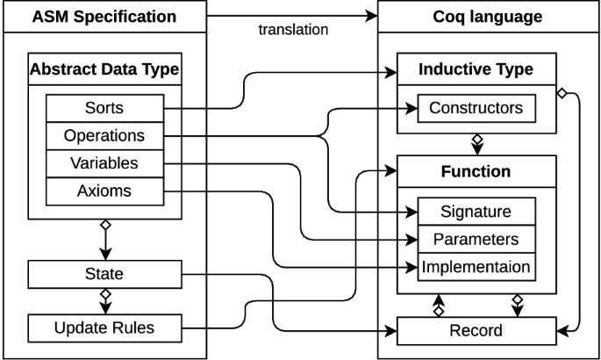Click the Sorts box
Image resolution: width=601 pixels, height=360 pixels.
click(104, 109)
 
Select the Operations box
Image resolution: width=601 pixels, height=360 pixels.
click(104, 136)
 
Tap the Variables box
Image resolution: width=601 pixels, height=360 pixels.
click(104, 163)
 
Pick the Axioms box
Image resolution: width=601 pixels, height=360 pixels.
click(104, 191)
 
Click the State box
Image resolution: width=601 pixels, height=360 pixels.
click(104, 274)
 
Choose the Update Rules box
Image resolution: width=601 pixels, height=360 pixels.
click(104, 328)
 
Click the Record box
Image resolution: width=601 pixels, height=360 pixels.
click(476, 330)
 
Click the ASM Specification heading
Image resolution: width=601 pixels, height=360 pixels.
click(104, 17)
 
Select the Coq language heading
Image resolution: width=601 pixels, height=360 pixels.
click(489, 17)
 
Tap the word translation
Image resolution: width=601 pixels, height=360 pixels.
click(293, 30)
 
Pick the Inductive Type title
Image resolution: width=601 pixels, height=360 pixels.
click(476, 68)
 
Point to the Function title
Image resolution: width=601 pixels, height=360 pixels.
click(476, 170)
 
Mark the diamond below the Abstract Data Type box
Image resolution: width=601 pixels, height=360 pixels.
click(104, 226)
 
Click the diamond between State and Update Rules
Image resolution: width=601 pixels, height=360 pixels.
click(104, 294)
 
